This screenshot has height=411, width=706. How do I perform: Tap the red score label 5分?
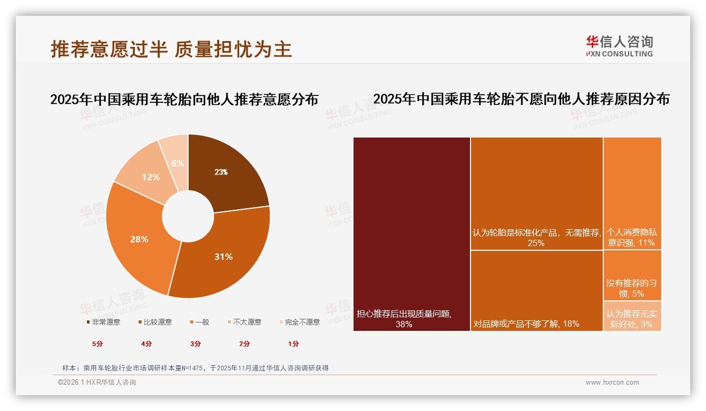97,344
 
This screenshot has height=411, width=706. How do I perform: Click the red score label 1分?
293,344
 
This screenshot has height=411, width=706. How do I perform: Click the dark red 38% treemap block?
411,232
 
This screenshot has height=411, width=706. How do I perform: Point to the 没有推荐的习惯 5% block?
632,275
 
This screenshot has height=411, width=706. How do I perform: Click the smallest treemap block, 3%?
632,316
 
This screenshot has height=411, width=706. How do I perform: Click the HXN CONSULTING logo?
619,46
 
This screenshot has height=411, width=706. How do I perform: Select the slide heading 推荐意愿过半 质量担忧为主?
171,49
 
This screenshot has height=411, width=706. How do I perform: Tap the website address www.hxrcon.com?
612,383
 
